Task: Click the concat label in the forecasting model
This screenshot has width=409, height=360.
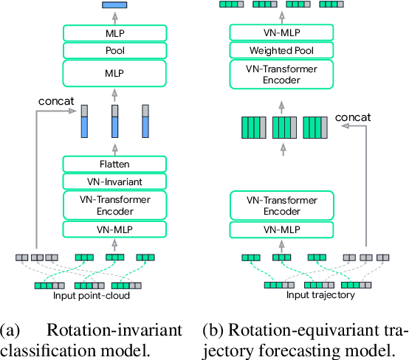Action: pos(353,117)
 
